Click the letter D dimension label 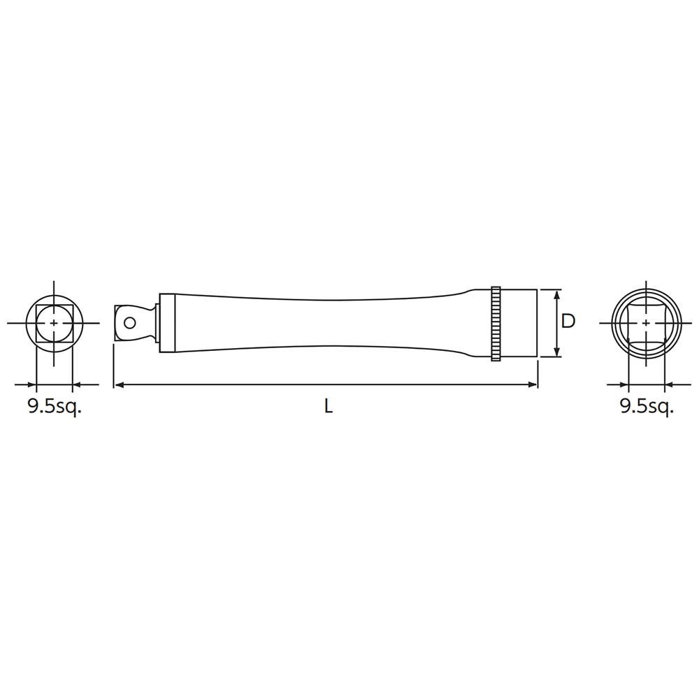point(568,321)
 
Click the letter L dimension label point(329,407)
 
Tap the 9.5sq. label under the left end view point(55,408)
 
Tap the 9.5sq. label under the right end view point(647,408)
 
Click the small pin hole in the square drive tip point(131,323)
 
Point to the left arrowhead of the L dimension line point(119,384)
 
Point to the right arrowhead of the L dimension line point(532,384)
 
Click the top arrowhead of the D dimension point(557,295)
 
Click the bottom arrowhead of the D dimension point(557,352)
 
